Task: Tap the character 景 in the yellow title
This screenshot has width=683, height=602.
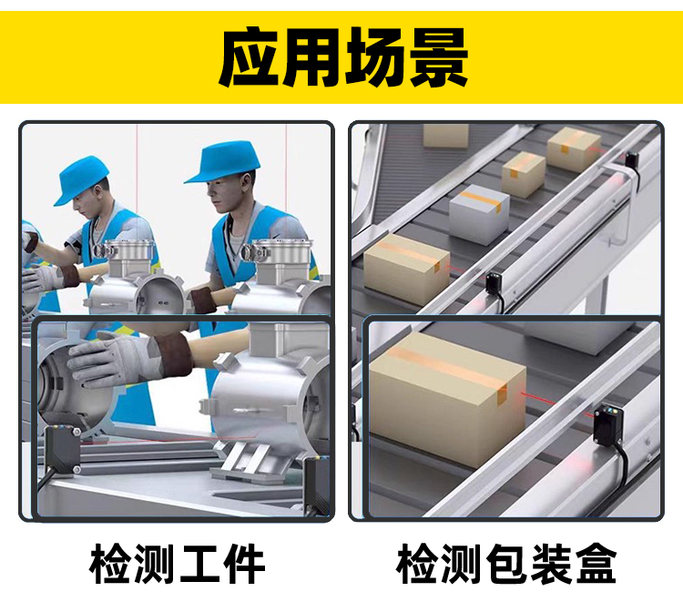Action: [439, 57]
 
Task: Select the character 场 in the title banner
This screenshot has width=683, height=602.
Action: [375, 57]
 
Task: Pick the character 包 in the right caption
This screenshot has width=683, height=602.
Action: [506, 563]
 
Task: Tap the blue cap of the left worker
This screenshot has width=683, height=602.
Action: [81, 179]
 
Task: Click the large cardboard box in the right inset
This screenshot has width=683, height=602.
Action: [448, 399]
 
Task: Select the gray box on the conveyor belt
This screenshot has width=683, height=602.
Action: [479, 213]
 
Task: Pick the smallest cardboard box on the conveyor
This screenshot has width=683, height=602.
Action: [523, 174]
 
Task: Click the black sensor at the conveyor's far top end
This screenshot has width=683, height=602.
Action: [632, 161]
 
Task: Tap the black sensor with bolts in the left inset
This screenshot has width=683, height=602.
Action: [62, 451]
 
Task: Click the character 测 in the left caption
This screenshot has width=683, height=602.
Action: [156, 563]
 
